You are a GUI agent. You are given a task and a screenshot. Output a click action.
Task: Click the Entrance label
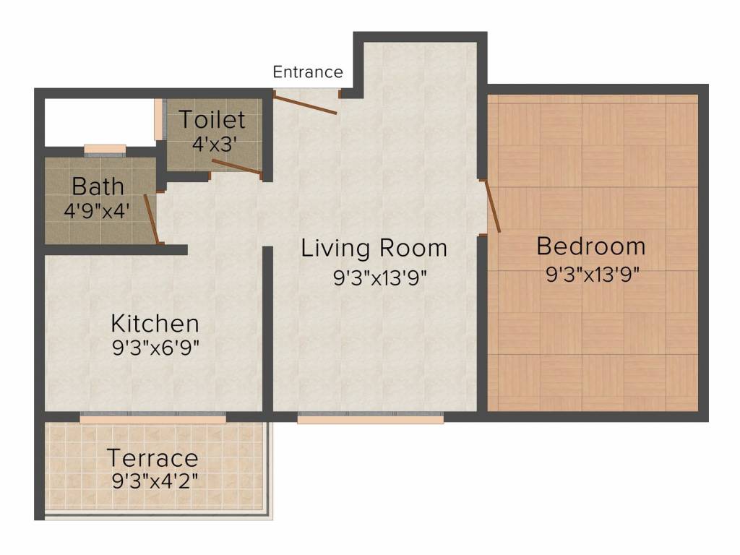pyautogui.click(x=308, y=72)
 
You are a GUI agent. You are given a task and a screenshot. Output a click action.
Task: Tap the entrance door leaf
pyautogui.click(x=305, y=104)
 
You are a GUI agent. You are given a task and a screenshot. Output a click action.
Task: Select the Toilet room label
pyautogui.click(x=212, y=119)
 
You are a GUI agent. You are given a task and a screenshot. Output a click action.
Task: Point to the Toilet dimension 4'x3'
pyautogui.click(x=214, y=144)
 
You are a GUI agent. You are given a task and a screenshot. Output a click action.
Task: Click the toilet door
pyautogui.click(x=237, y=167)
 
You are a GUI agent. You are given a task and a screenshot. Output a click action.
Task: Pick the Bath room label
pyautogui.click(x=98, y=186)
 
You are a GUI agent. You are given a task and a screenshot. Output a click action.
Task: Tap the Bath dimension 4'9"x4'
pyautogui.click(x=97, y=210)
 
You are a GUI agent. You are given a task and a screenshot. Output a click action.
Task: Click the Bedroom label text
pyautogui.click(x=591, y=246)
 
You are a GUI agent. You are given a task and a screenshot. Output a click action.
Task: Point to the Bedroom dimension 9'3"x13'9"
pyautogui.click(x=593, y=274)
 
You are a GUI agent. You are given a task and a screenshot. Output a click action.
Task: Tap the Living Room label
pyautogui.click(x=374, y=249)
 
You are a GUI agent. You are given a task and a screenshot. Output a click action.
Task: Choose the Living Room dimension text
pyautogui.click(x=380, y=277)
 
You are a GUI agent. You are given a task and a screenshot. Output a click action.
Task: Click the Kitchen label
pyautogui.click(x=155, y=324)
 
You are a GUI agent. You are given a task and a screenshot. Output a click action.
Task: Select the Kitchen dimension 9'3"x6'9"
pyautogui.click(x=156, y=348)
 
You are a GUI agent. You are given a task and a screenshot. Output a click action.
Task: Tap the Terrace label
pyautogui.click(x=152, y=457)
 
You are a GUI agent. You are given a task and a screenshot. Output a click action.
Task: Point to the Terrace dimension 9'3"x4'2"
pyautogui.click(x=155, y=481)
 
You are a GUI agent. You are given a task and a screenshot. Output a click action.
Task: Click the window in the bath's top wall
pyautogui.click(x=105, y=150)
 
